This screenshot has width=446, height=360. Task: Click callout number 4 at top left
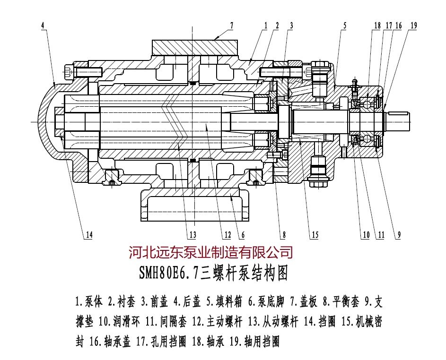43,25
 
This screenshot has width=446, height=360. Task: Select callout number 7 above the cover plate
232,25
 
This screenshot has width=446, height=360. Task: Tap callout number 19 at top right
414,26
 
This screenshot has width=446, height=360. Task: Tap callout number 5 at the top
345,26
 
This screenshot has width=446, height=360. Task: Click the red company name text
211,252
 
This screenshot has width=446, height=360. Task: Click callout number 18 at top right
377,26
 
